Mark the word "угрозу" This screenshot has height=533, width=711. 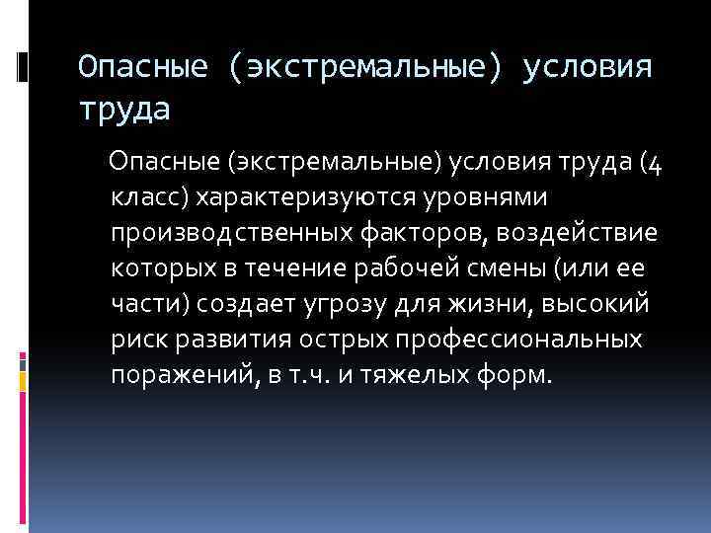tap(319, 305)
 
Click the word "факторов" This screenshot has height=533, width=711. tap(421, 234)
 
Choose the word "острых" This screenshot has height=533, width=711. tap(327, 341)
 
